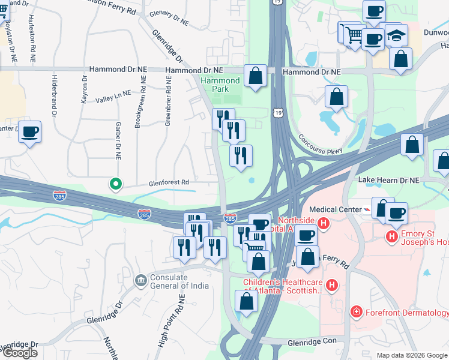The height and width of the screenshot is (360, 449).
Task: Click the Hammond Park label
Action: [x=220, y=85]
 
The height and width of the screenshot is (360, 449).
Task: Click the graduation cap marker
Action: [x=396, y=35]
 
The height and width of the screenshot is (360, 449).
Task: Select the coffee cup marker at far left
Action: [x=29, y=132]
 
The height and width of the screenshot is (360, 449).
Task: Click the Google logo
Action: [x=20, y=353]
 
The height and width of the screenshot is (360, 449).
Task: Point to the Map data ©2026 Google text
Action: [x=412, y=355]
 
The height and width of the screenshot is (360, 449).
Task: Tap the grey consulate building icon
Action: [x=140, y=279]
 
